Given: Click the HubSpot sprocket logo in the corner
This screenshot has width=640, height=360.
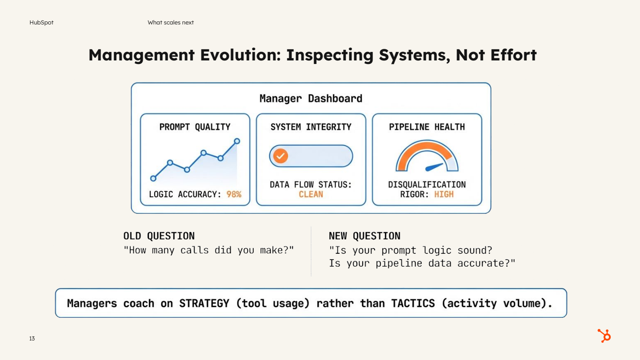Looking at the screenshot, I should click(604, 336).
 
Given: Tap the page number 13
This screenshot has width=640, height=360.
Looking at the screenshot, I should click(32, 339).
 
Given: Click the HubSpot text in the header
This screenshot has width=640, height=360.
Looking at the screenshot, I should click(41, 22).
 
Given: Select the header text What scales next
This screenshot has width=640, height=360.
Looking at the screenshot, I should click(171, 22).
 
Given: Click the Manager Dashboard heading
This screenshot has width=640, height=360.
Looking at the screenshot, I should click(311, 98).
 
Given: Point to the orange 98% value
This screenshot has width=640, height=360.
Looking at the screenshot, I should click(234, 194).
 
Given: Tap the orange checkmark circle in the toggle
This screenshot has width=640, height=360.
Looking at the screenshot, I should click(280, 156).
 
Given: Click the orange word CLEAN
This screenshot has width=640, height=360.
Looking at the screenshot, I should click(311, 194).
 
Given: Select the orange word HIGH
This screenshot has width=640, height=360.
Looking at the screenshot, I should click(444, 194).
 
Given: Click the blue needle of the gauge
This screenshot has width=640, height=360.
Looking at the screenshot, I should click(435, 167).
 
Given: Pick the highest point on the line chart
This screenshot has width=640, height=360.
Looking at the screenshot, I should click(237, 141).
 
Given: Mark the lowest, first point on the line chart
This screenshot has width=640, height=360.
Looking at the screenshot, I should click(153, 178).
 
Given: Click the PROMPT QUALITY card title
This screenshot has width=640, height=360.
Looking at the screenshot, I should click(195, 127).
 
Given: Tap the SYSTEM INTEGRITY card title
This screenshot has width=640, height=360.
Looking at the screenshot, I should click(311, 127).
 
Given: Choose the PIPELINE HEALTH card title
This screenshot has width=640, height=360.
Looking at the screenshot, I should click(427, 127).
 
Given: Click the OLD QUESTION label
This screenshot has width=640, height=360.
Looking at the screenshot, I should click(159, 236).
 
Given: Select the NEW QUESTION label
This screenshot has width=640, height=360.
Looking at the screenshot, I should click(364, 236).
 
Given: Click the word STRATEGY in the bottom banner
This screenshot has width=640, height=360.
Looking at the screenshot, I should click(204, 304).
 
